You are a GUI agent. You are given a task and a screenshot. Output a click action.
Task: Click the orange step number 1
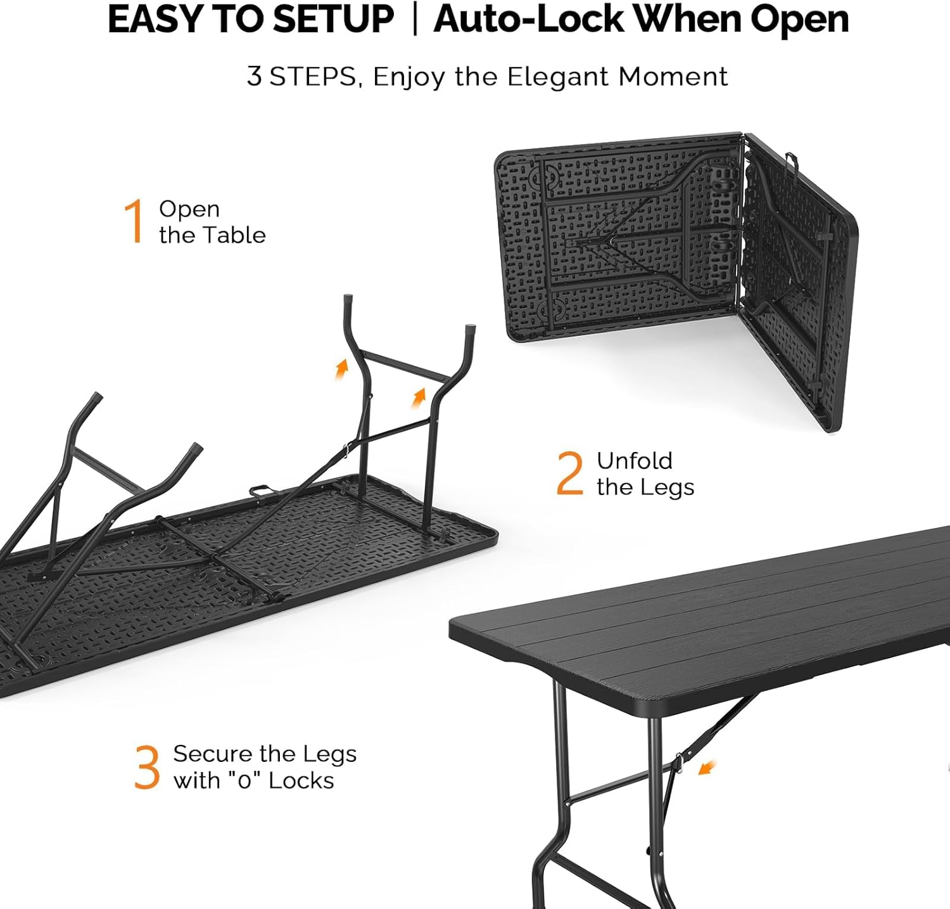134,221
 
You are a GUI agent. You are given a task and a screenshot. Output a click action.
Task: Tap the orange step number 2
569,473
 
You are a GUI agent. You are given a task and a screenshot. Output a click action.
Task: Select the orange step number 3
147,767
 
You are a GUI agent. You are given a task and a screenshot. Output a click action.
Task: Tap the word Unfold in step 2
634,461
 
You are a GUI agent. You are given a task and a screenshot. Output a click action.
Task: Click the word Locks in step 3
301,780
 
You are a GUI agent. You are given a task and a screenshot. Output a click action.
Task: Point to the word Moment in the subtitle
673,77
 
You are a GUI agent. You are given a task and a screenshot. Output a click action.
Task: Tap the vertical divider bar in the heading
415,20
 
